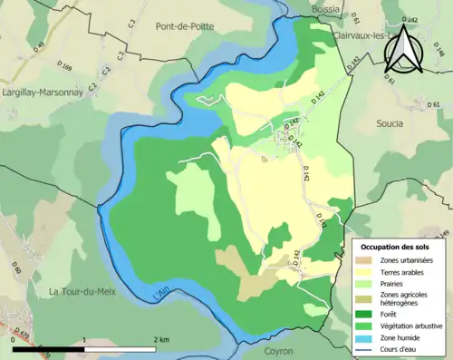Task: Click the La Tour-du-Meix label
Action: (82, 290)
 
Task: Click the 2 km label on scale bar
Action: (161, 339)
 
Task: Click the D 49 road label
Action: (39, 44)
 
